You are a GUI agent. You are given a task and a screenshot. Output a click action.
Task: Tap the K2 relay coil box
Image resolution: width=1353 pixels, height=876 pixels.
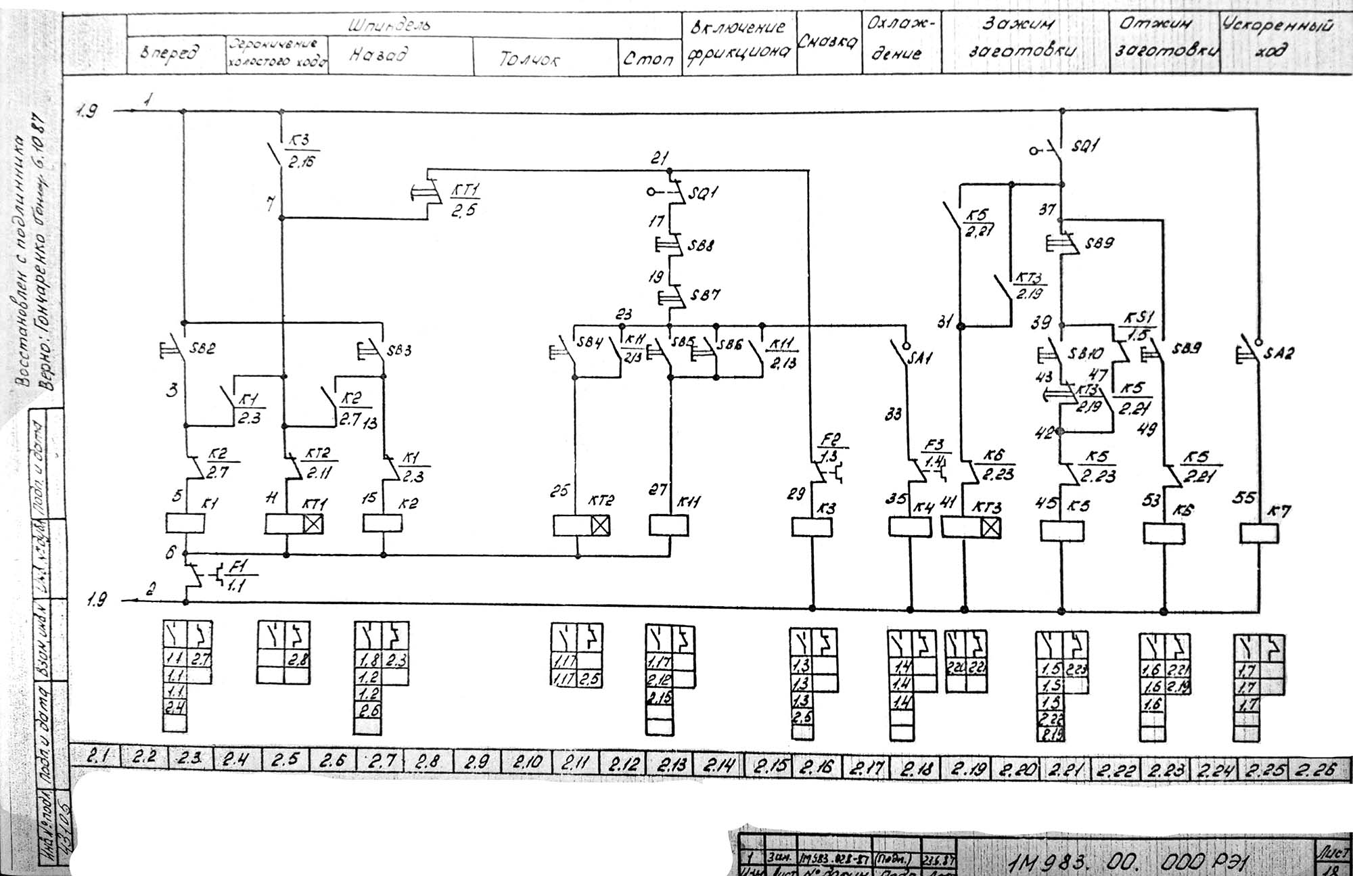click(x=383, y=524)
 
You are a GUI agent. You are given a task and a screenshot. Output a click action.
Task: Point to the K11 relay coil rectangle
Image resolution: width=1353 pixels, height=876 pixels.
click(x=668, y=526)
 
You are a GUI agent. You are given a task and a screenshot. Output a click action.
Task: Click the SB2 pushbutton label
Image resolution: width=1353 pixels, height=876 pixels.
click(x=202, y=349)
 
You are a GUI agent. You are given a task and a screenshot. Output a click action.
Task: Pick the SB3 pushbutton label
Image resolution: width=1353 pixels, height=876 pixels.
click(x=399, y=350)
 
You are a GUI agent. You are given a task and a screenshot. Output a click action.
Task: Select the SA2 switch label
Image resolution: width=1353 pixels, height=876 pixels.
click(x=1278, y=352)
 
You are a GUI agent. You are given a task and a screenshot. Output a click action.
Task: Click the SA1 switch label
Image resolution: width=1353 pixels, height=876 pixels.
click(x=921, y=357)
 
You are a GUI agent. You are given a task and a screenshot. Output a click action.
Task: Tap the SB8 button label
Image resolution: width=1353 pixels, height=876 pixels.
click(x=701, y=246)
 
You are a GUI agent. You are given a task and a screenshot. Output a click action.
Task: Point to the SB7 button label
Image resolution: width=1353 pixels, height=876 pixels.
click(x=706, y=296)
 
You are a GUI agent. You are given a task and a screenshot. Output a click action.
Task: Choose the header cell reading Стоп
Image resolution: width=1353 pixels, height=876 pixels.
click(x=649, y=59)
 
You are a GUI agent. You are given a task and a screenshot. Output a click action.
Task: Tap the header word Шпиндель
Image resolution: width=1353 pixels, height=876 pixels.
click(x=390, y=26)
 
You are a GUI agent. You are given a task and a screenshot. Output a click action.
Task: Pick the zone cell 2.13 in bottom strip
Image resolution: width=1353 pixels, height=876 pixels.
click(x=671, y=765)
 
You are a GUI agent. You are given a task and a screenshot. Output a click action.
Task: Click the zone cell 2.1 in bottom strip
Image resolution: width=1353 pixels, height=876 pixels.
click(x=97, y=759)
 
